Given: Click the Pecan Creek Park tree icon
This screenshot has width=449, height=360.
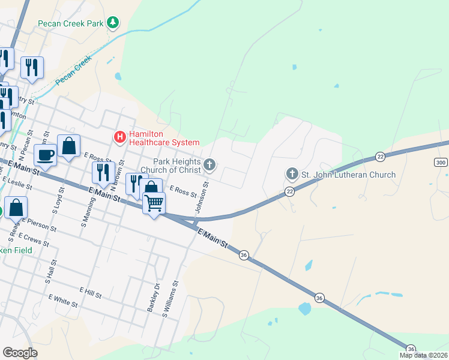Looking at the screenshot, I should tap(113, 23).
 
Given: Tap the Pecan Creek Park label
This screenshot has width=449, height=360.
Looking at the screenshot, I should tap(71, 23).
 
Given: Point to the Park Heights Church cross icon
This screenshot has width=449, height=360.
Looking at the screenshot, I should tap(209, 164).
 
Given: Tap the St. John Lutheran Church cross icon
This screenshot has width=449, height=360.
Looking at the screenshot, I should tap(292, 175).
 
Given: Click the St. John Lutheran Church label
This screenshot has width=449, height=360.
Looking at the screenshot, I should tap(348, 175).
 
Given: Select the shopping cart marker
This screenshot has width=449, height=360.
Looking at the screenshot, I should tap(154, 205).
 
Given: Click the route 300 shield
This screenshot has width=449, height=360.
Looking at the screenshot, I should tap(441, 163).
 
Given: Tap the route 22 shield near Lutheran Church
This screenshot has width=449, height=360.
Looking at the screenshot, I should tap(289, 191).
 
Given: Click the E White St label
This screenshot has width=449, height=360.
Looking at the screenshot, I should tap(63, 299).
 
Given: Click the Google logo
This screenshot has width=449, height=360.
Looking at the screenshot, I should tap(20, 353).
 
